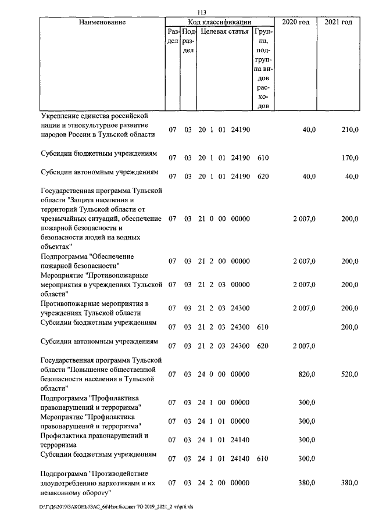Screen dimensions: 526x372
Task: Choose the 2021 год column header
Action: [x=338, y=22]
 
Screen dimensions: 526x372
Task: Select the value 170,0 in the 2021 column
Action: [x=350, y=157]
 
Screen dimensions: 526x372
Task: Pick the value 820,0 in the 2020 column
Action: [x=306, y=375]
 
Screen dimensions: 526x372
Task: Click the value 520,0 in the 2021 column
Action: [x=350, y=375]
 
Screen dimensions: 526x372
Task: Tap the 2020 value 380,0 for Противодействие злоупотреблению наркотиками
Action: [x=306, y=482]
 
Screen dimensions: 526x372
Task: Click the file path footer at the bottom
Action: [x=117, y=506]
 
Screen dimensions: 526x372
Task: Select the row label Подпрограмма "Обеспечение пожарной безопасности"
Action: [x=87, y=260]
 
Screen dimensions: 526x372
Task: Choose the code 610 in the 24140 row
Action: [x=263, y=459]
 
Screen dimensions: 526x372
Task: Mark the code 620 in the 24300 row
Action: [x=263, y=346]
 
